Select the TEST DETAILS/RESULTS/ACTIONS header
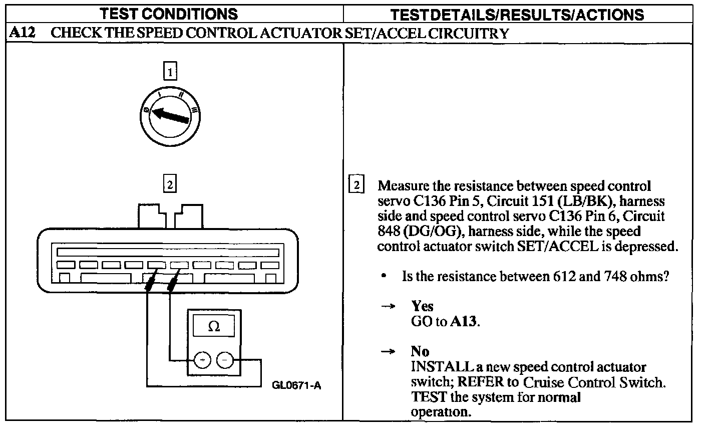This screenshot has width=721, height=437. point(517,15)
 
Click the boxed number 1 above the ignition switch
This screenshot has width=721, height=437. point(170,72)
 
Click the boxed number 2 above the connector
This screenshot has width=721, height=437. point(170,184)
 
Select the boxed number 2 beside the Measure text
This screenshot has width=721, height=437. point(356,185)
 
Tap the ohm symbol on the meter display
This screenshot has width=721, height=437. point(214,327)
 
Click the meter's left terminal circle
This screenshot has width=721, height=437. point(202,360)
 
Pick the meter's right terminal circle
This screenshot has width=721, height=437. point(225,360)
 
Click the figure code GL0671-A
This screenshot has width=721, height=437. point(296,385)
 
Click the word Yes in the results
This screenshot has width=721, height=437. point(422,306)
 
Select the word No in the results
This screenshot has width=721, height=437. point(420,351)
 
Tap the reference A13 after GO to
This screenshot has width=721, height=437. point(465,321)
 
